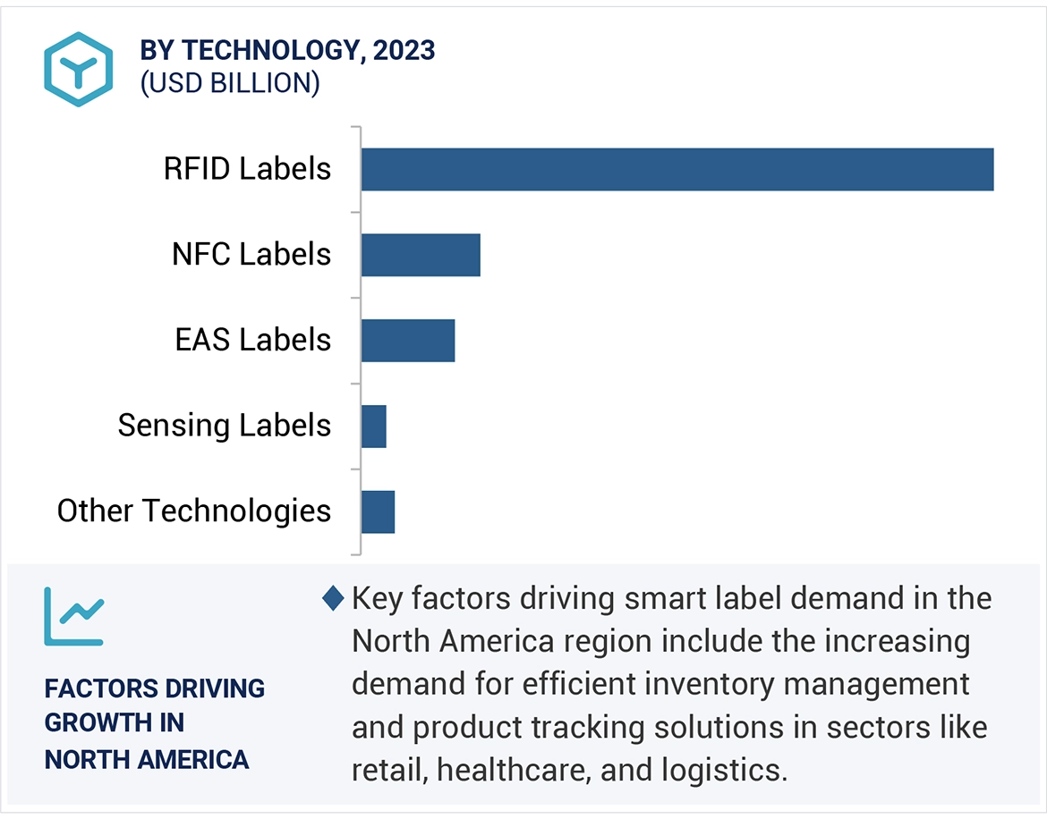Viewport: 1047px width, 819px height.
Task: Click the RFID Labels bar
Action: pos(677,170)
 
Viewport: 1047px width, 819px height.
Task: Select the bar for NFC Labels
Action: pos(421,255)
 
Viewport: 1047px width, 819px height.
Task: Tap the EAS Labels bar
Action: pos(408,341)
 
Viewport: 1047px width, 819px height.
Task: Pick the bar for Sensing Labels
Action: pos(374,426)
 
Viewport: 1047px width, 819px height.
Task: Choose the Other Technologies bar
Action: pos(378,511)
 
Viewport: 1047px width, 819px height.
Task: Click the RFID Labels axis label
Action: pos(247,169)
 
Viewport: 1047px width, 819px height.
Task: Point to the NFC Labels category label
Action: pos(251,255)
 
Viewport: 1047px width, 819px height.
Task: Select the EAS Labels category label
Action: pos(253,340)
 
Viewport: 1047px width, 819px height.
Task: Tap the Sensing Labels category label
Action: pos(225,426)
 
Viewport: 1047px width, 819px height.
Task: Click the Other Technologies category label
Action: pos(194,511)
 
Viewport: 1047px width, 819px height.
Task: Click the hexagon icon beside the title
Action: pos(79,68)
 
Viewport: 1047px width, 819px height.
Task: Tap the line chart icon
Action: pos(74,616)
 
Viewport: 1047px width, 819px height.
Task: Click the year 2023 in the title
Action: pos(404,50)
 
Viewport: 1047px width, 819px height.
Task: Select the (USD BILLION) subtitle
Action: pos(230,83)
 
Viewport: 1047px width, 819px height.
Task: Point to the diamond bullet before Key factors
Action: pos(333,598)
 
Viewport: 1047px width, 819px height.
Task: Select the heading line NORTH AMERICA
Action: pos(147,760)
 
